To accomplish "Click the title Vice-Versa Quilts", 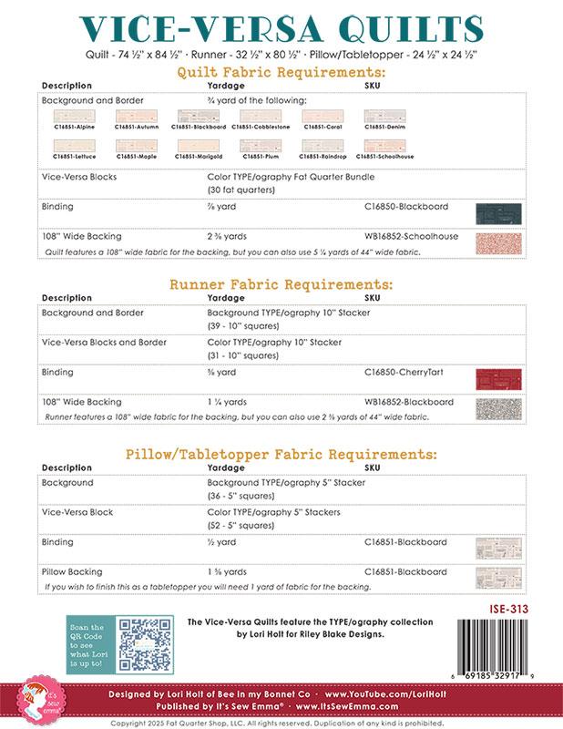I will [x=281, y=27].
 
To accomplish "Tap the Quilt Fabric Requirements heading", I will [x=281, y=71].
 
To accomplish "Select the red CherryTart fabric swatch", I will [x=498, y=377].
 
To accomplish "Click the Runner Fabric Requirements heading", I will [x=281, y=284].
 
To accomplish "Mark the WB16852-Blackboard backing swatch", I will [x=498, y=406].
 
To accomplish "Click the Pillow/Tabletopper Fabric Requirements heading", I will [x=281, y=453].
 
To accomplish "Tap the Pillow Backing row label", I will [x=70, y=570].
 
